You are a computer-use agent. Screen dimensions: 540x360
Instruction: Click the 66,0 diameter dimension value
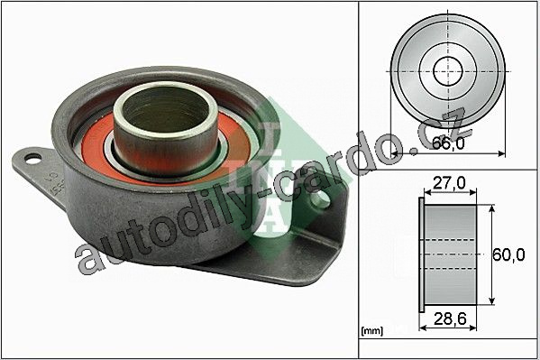pyautogui.click(x=448, y=143)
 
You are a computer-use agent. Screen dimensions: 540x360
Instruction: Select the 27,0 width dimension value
pyautogui.click(x=449, y=183)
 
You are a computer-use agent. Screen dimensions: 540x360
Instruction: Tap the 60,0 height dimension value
pyautogui.click(x=508, y=254)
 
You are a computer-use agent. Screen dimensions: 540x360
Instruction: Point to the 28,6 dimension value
pyautogui.click(x=450, y=319)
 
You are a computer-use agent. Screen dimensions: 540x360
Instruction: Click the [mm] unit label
pyautogui.click(x=372, y=331)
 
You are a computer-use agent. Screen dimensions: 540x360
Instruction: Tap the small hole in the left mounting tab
pyautogui.click(x=33, y=158)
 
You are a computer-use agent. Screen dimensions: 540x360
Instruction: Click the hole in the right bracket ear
pyautogui.click(x=322, y=199)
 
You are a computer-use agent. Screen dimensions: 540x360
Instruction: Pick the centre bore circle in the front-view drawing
pyautogui.click(x=447, y=71)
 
